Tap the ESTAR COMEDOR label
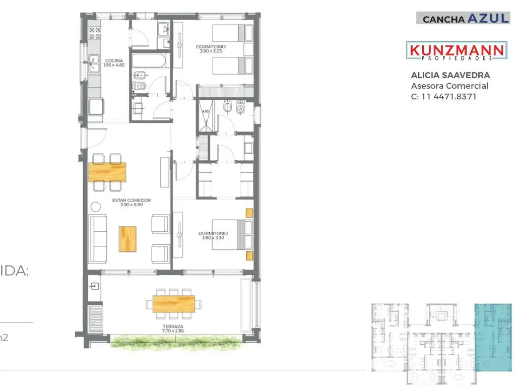132,200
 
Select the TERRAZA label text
173,327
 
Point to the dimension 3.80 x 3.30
213,238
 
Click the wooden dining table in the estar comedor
107,172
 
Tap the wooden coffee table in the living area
127,239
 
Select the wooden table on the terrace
173,303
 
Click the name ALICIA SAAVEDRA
450,76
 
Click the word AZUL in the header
488,19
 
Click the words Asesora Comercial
449,86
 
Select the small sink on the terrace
95,286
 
